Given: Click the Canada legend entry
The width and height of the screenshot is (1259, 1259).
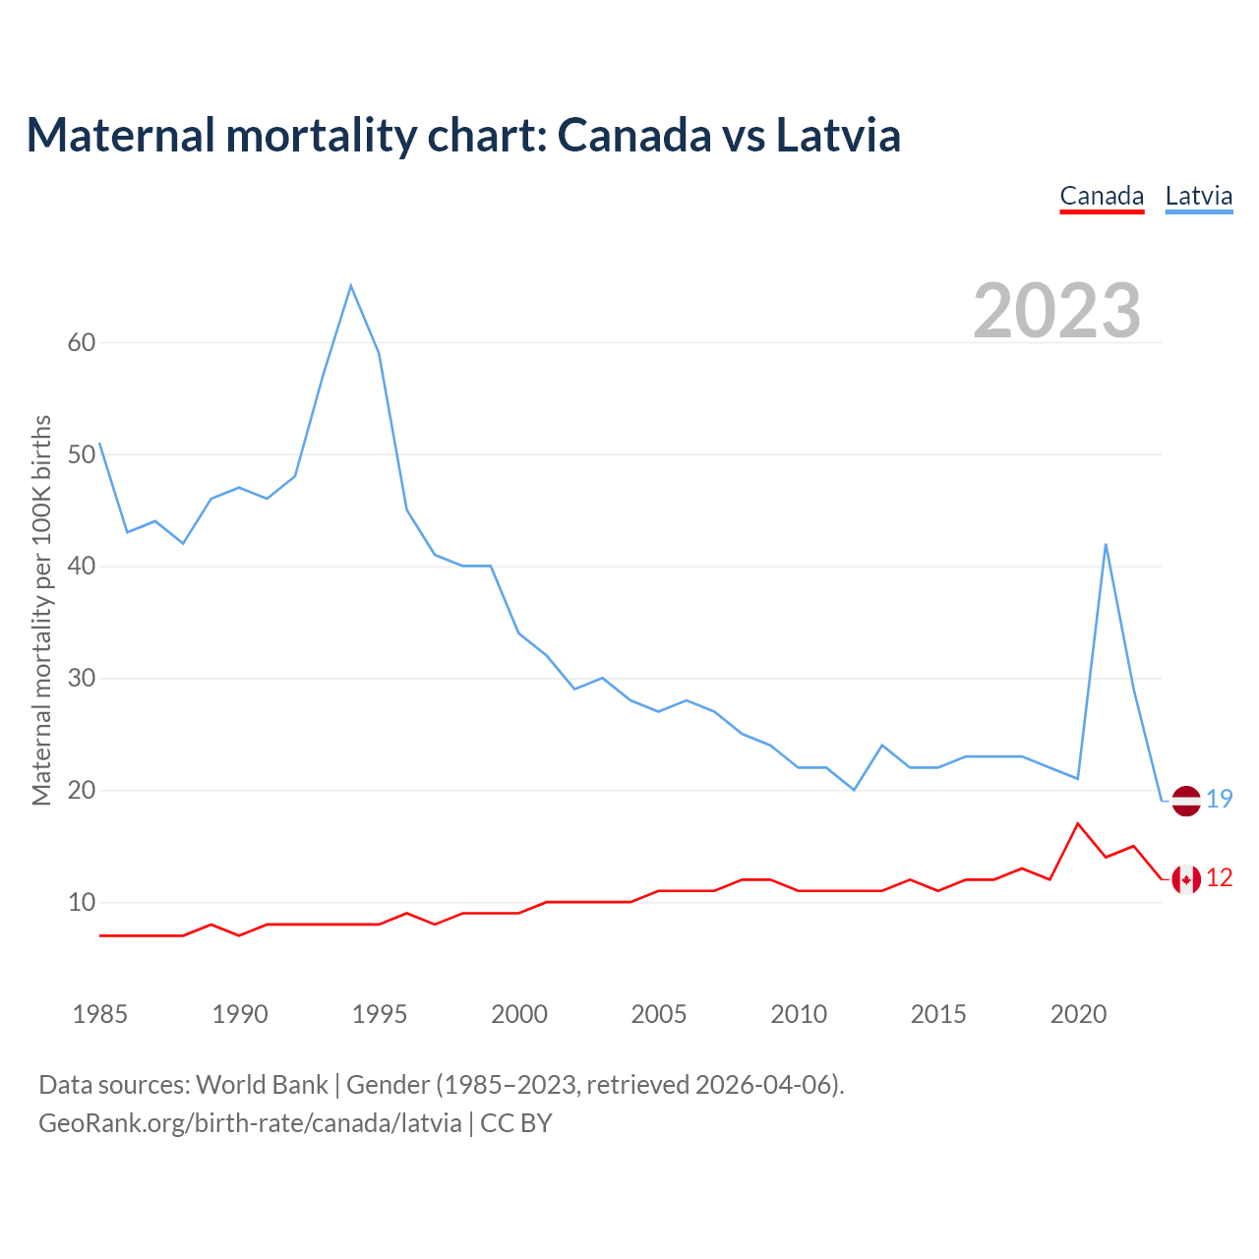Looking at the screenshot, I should pyautogui.click(x=1102, y=196).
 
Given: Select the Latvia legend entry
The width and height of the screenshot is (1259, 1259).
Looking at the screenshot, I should pyautogui.click(x=1198, y=196).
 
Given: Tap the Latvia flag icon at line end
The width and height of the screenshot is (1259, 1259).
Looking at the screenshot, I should pyautogui.click(x=1186, y=801).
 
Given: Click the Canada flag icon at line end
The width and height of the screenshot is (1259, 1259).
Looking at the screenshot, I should pyautogui.click(x=1186, y=878).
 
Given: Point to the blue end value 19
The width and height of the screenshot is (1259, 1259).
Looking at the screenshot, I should pyautogui.click(x=1220, y=799).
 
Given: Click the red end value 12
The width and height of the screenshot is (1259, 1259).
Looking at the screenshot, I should pyautogui.click(x=1220, y=877).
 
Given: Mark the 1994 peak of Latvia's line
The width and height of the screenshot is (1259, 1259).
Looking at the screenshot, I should pyautogui.click(x=351, y=286).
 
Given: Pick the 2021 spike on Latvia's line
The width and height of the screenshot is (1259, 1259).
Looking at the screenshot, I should pyautogui.click(x=1106, y=544).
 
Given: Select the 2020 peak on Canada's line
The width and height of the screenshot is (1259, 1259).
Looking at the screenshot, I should pyautogui.click(x=1078, y=823).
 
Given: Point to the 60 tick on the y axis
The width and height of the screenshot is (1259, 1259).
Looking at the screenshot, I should pyautogui.click(x=82, y=342).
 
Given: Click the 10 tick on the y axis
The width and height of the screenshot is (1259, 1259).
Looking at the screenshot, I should pyautogui.click(x=82, y=902).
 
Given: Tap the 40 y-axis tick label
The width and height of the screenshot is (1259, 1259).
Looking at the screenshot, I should pyautogui.click(x=82, y=567).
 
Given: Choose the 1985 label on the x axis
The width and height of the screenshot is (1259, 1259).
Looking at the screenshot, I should pyautogui.click(x=100, y=1014).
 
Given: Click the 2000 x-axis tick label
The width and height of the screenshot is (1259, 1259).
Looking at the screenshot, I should pyautogui.click(x=519, y=1014).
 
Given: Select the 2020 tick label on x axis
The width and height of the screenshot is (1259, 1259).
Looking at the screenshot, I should pyautogui.click(x=1078, y=1014).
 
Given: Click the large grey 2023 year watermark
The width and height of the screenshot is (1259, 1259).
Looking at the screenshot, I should pyautogui.click(x=1056, y=311).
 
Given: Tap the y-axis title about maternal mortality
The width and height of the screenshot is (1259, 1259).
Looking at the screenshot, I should pyautogui.click(x=41, y=610).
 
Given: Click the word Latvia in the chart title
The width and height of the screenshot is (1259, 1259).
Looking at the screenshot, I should pyautogui.click(x=838, y=135).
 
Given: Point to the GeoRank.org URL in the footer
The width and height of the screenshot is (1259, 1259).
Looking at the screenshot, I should pyautogui.click(x=250, y=1122).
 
